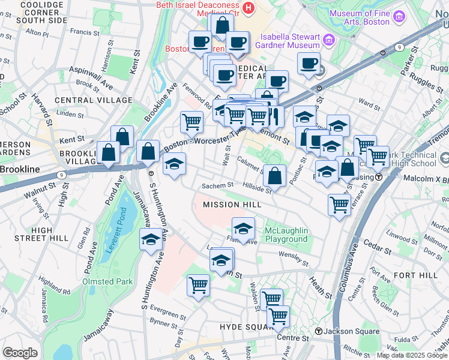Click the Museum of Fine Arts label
(358, 17)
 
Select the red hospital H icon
(249, 8)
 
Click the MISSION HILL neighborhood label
(232, 205)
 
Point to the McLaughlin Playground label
(286, 235)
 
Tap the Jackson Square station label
(351, 331)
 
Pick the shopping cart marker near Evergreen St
(198, 285)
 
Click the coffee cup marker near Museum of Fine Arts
(309, 64)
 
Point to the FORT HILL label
(416, 275)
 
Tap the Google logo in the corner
(20, 353)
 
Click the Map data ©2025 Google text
(411, 355)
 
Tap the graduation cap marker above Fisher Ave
(243, 228)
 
